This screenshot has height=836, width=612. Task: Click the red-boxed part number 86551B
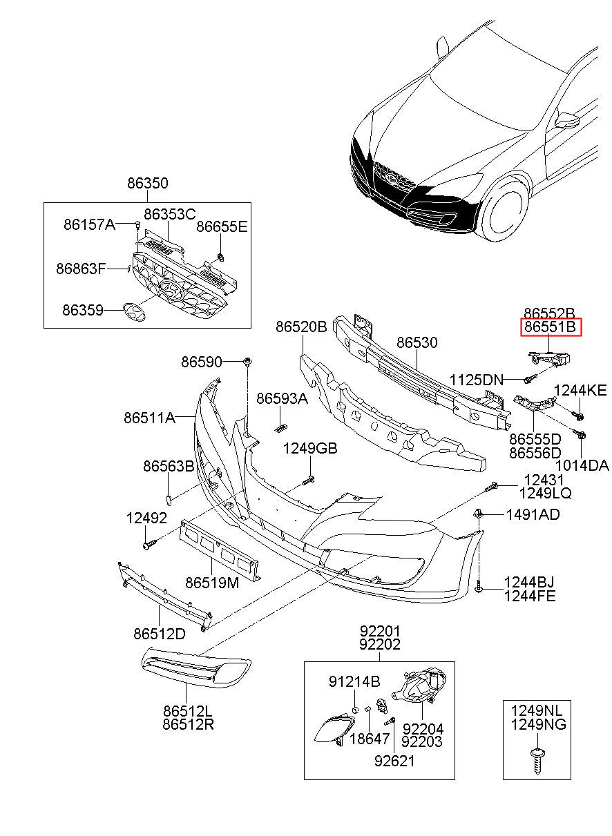[x=551, y=327]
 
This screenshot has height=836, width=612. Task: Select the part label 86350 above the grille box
[x=147, y=184]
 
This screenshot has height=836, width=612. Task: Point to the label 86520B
[x=301, y=327]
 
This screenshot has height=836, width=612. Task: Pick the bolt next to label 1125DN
[x=530, y=378]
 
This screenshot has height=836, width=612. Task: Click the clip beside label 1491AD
[x=478, y=514]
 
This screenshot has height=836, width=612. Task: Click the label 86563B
[x=169, y=467]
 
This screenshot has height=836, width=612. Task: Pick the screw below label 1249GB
[x=309, y=478]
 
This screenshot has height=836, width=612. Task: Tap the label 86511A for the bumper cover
[x=149, y=417]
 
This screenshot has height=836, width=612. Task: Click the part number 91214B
[x=354, y=682]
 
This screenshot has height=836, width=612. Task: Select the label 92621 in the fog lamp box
[x=395, y=761]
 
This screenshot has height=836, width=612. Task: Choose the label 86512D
[x=160, y=633]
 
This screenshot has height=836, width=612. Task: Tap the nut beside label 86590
[x=247, y=362]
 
